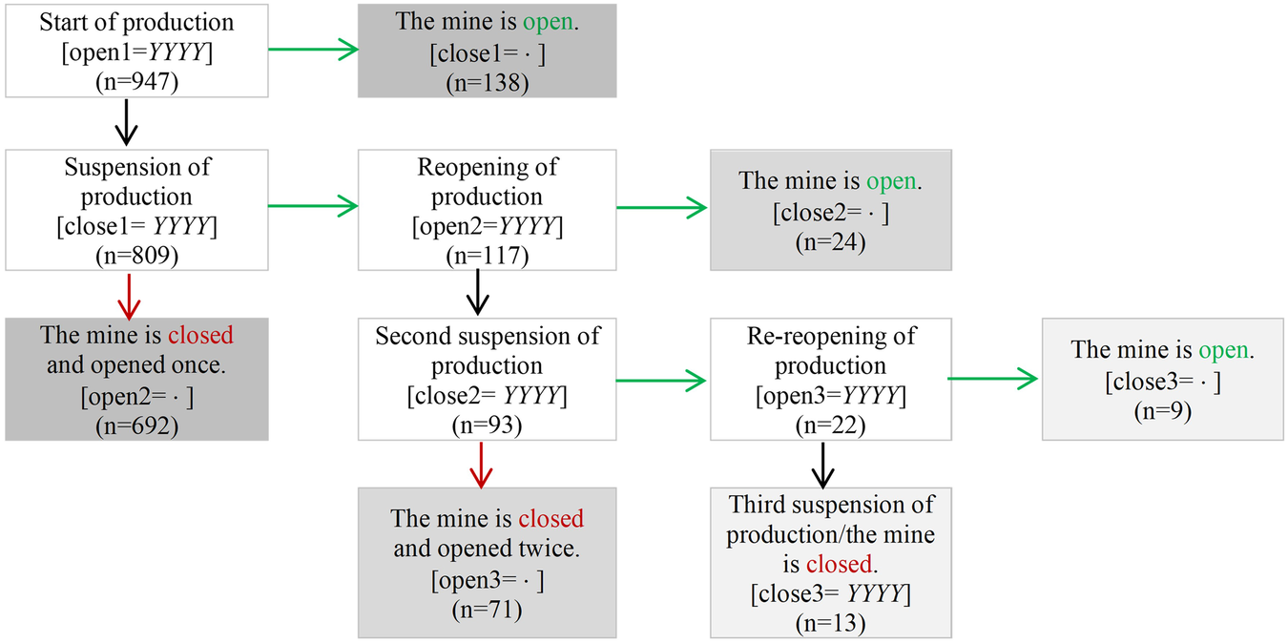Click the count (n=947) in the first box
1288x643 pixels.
click(137, 82)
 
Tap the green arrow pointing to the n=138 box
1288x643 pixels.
click(313, 51)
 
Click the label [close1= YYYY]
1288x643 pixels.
click(136, 227)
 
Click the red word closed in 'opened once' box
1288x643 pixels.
click(200, 336)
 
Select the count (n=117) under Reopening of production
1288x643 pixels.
click(487, 256)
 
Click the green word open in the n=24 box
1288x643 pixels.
click(891, 180)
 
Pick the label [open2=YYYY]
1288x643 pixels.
click(487, 227)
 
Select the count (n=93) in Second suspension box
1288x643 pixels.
click(487, 425)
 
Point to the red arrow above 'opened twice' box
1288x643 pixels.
click(481, 464)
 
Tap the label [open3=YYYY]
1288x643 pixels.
click(830, 396)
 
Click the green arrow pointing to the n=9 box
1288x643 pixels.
click(992, 380)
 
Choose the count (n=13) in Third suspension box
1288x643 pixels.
click(830, 623)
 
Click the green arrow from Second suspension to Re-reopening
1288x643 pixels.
click(662, 381)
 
